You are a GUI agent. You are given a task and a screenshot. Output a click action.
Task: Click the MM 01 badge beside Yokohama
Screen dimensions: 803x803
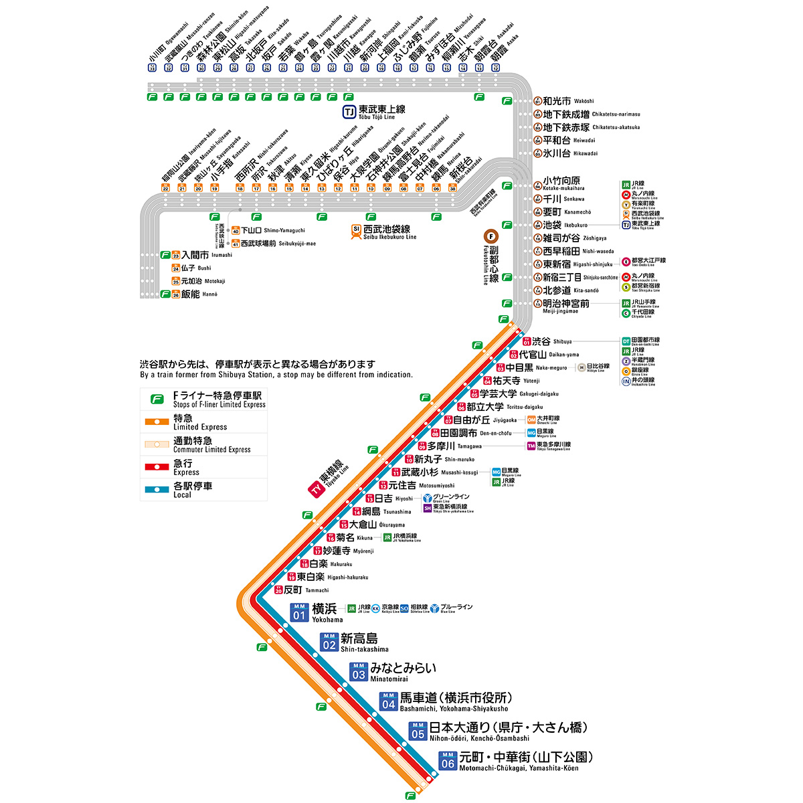299,612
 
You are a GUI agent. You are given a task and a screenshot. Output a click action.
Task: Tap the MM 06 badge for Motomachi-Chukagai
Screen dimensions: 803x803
448,761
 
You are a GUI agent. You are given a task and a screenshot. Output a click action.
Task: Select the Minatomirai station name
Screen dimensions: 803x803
403,668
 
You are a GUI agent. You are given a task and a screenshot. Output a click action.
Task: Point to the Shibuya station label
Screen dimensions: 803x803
541,341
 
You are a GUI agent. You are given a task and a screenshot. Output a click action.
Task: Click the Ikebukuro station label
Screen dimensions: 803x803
552,226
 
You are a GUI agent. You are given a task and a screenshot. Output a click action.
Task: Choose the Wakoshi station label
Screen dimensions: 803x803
557,101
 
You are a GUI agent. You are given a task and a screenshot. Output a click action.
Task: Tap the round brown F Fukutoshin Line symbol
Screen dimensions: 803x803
492,236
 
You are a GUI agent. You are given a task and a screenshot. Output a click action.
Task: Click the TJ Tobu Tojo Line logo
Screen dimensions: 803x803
349,112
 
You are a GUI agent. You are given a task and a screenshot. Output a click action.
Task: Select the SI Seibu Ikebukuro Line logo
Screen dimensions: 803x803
356,232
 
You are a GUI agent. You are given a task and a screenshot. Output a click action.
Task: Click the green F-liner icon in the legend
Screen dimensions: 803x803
157,399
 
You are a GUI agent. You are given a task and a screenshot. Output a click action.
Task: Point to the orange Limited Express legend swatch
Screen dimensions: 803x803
157,422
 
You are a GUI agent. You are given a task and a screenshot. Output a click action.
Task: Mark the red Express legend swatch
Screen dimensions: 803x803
157,467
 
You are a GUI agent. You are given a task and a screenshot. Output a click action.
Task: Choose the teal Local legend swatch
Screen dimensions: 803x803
157,490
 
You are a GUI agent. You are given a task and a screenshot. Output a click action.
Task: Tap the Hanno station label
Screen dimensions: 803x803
191,294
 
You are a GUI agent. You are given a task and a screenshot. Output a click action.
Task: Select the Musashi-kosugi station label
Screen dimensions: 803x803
420,472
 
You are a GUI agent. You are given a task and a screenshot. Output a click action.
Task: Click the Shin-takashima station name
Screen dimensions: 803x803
359,639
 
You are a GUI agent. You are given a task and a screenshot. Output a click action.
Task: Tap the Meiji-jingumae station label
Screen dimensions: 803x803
566,304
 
